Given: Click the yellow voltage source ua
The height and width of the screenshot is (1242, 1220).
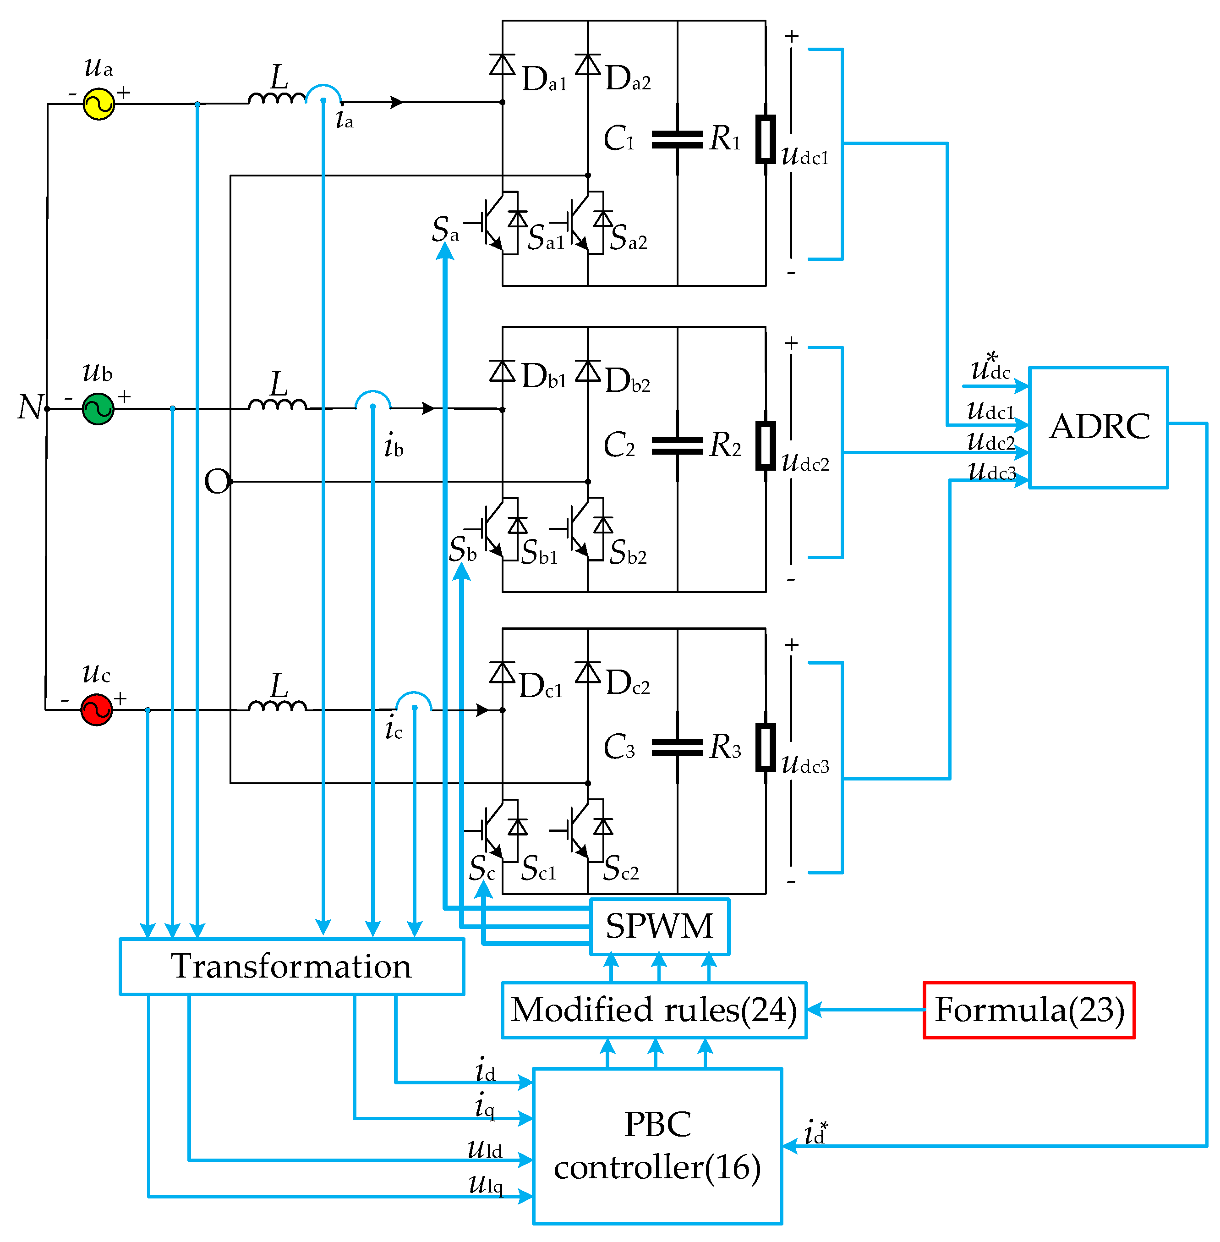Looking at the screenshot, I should point(98,104).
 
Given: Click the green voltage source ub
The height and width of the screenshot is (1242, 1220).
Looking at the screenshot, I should point(98,409).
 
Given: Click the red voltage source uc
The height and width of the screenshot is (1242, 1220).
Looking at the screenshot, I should point(96,710).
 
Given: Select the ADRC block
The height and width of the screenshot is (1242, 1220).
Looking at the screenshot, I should point(1098,428).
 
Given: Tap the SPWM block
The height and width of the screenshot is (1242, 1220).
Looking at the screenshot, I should point(659,926).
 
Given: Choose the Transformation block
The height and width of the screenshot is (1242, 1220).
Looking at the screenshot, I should point(291,967).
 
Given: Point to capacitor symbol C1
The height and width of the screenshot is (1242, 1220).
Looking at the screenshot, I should point(677,139).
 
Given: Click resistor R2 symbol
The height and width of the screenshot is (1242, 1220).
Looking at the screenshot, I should point(765,445).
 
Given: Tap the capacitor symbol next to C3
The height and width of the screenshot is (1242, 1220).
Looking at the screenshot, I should point(677,747).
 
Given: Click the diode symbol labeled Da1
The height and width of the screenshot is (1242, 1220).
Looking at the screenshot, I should point(503,65).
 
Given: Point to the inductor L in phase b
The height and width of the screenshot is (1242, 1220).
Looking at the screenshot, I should point(278,404).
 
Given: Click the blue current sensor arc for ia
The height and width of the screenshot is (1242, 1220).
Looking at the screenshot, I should point(323,93).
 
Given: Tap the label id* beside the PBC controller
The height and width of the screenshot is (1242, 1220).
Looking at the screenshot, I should point(815,1132).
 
